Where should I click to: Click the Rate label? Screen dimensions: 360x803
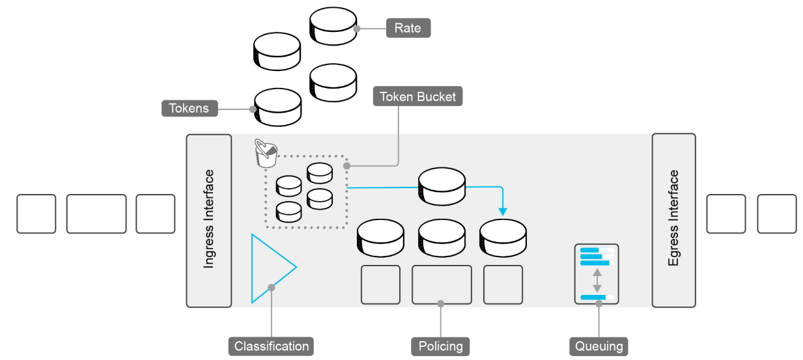[408, 28]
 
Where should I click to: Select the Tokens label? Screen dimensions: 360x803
[189, 107]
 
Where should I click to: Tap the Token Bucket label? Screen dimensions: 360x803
[418, 97]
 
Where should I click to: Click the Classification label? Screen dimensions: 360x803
[271, 346]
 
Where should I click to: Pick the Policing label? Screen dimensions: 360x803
[440, 346]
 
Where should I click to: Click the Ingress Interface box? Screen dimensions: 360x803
[209, 220]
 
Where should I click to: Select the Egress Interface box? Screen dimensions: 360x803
[673, 220]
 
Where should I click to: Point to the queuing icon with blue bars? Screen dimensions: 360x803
[596, 274]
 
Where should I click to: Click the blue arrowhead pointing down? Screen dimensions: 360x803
[502, 211]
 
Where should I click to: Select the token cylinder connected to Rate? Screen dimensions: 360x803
[333, 26]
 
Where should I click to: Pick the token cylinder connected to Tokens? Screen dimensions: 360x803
[277, 107]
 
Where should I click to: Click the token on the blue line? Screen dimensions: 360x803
[442, 185]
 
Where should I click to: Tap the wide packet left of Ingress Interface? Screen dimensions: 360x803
[96, 214]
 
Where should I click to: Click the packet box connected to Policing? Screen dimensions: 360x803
[442, 284]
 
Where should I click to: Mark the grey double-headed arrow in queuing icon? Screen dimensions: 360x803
[596, 279]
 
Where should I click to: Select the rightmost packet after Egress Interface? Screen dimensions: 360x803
[776, 214]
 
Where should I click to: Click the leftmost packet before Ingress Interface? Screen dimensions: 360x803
[36, 214]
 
